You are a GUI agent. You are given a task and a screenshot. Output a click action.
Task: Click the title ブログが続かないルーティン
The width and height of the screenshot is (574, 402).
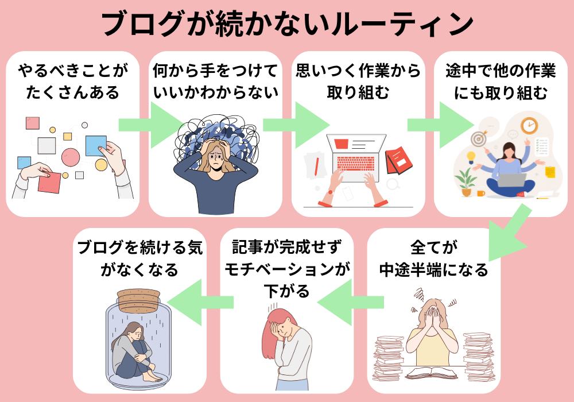[287, 24]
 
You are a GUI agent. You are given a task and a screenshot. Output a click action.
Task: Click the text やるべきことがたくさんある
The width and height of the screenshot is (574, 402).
[73, 82]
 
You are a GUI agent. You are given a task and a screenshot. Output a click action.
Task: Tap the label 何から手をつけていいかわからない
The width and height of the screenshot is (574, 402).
[215, 82]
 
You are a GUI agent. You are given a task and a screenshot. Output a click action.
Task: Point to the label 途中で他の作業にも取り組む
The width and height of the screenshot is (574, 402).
[501, 82]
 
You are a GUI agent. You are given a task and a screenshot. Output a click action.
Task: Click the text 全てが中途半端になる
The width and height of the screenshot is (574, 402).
[434, 258]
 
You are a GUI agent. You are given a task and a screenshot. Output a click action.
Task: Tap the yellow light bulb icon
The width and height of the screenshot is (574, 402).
[471, 157]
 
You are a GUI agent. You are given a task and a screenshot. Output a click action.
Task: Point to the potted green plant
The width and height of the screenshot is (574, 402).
[466, 183]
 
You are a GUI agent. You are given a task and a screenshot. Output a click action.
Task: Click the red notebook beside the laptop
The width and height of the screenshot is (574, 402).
[399, 160]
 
